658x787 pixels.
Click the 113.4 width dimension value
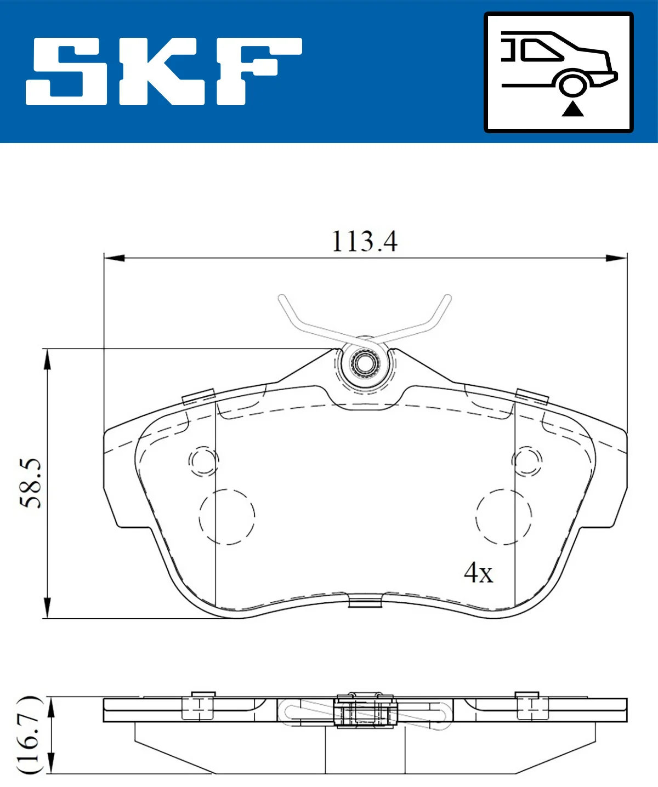[365, 241]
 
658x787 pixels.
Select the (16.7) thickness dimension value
[30, 735]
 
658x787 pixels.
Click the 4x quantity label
[478, 573]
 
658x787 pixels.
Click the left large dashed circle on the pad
[227, 516]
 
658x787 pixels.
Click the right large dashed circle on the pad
[503, 516]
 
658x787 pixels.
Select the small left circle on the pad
[203, 461]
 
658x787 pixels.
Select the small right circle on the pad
[527, 461]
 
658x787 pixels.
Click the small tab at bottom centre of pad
[365, 602]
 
